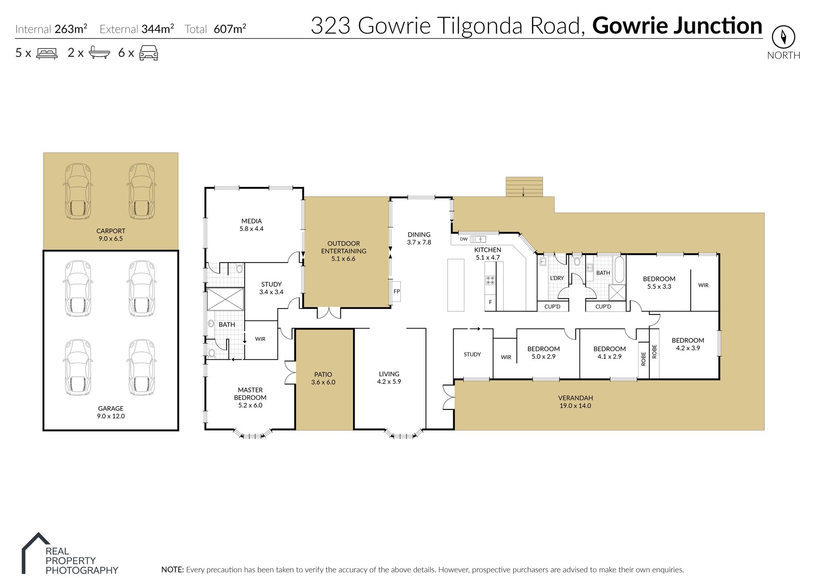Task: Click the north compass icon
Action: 783,37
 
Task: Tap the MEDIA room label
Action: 251,221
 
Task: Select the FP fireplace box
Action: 396,292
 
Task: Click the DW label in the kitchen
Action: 464,239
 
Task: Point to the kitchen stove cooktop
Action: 490,280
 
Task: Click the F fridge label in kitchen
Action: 490,302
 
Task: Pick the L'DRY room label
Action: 557,278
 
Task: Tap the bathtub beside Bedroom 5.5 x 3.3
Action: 619,269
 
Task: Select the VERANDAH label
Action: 575,398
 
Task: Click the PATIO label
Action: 323,375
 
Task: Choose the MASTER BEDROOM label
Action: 250,394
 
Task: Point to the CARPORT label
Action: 111,231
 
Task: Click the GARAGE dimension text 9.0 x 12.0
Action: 111,416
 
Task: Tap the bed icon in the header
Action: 47,53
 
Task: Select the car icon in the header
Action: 149,53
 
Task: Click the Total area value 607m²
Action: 230,29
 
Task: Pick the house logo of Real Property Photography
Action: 36,553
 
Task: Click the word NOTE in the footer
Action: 172,569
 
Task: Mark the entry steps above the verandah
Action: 524,186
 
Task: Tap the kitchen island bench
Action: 455,285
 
